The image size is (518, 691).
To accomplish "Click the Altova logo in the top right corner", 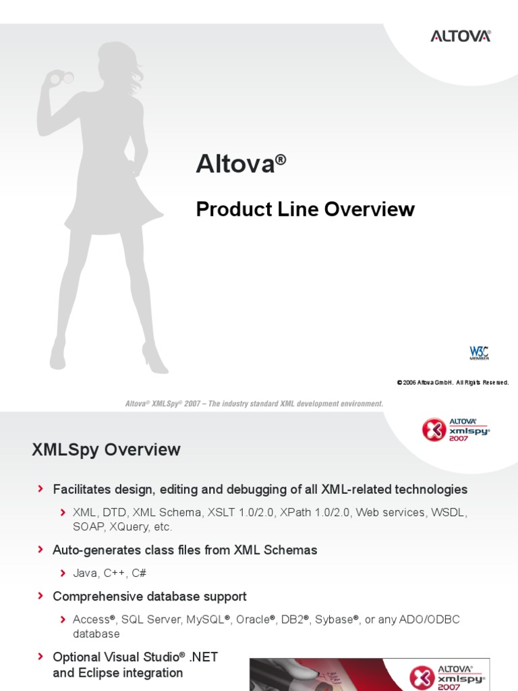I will pos(461,36).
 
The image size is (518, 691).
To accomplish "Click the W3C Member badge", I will pos(479,353).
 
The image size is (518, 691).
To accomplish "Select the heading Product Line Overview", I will pos(305,209).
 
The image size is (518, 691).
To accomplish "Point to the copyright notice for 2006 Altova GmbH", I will pos(453,383).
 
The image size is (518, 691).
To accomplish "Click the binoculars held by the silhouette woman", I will pos(55,78).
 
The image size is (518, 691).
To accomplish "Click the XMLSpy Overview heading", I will pos(106,449).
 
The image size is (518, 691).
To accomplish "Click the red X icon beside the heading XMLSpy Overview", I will pos(433,429).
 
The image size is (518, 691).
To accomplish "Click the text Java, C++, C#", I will pos(110,573).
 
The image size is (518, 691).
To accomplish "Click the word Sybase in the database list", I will pos(335,619).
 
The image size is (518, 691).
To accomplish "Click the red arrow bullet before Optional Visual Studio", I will pos(42,656).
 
